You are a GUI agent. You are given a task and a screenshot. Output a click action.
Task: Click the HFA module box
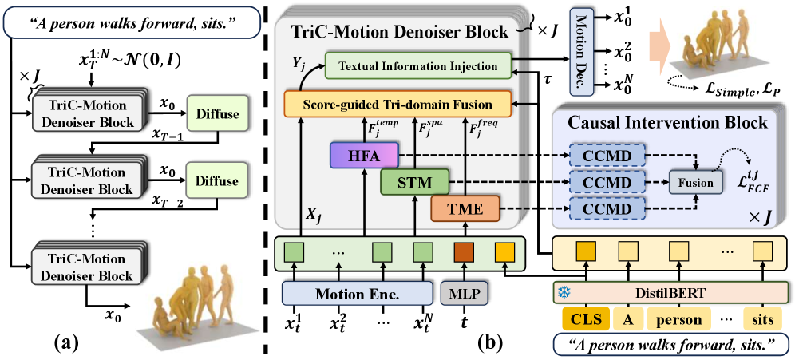tap(363, 155)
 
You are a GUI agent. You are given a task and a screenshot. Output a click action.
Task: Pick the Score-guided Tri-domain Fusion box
tap(398, 102)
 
